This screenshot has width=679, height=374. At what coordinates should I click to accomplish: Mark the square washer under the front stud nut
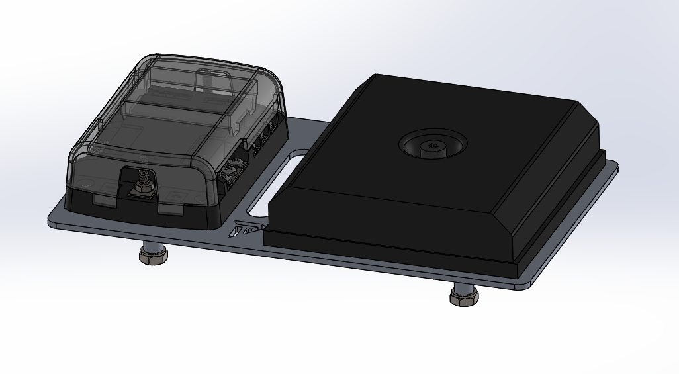point(140,191)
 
